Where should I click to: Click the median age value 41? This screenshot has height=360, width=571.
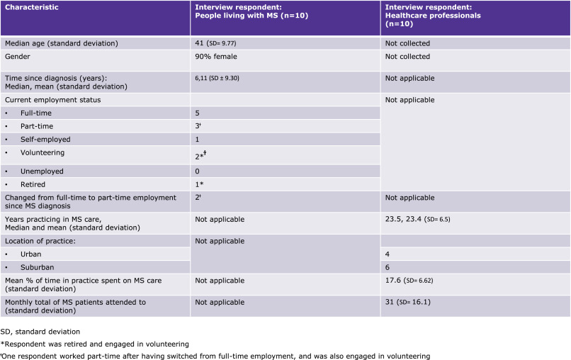pyautogui.click(x=200, y=43)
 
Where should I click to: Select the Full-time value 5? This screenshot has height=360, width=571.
pyautogui.click(x=198, y=113)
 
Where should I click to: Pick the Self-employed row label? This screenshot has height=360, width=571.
pyautogui.click(x=46, y=139)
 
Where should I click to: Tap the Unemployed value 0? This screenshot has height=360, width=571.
pyautogui.click(x=198, y=171)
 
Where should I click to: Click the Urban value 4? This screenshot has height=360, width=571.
pyautogui.click(x=387, y=253)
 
